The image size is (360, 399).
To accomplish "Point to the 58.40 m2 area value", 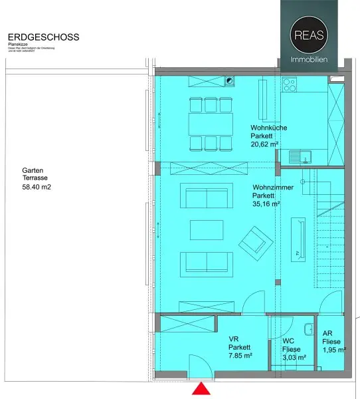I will click(x=37, y=188).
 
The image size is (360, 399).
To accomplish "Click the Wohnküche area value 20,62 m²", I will click(x=264, y=143).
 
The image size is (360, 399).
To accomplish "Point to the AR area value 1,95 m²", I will click(x=333, y=349).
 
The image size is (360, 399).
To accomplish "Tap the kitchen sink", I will click(x=302, y=157).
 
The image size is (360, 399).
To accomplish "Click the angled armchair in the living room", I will click(x=254, y=240).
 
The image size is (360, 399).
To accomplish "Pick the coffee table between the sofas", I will click(x=207, y=229).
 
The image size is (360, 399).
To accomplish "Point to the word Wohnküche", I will click(x=268, y=127).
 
